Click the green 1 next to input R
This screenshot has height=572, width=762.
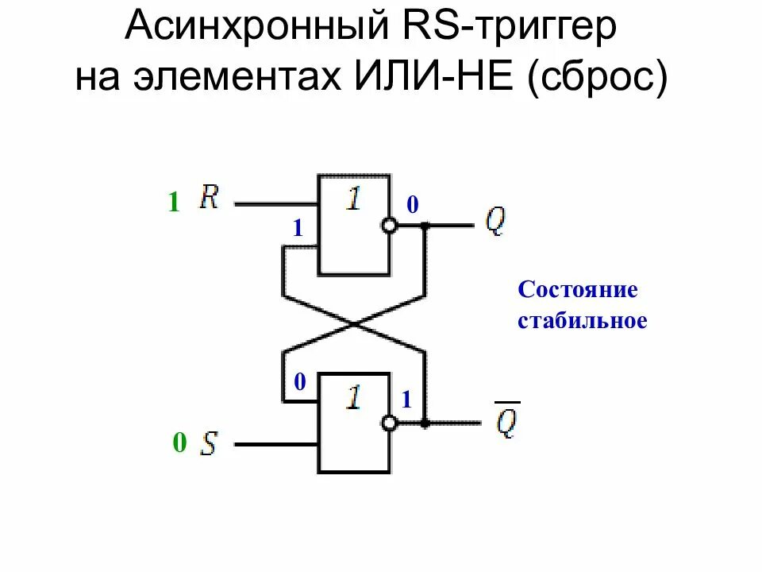tap(173, 203)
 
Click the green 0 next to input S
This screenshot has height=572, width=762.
tap(179, 443)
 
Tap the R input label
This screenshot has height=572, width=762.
tap(210, 196)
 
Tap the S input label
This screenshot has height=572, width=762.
tap(209, 443)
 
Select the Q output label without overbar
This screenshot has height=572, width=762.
tap(495, 223)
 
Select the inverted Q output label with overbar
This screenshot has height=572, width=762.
tap(506, 422)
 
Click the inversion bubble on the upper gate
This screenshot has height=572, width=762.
tap(389, 226)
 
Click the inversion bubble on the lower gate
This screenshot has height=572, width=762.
tap(389, 423)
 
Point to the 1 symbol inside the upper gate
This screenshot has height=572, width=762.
tap(353, 198)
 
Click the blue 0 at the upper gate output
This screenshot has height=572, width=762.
tap(412, 206)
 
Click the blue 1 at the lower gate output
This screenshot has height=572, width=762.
tap(406, 401)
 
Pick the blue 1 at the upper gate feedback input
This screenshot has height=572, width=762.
tap(298, 229)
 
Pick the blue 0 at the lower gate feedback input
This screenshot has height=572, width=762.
tap(299, 383)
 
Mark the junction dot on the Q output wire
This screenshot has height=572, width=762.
tap(425, 226)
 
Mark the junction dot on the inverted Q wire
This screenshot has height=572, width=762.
tap(425, 423)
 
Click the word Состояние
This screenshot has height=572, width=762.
tap(578, 289)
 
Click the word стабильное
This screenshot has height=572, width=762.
tap(583, 321)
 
